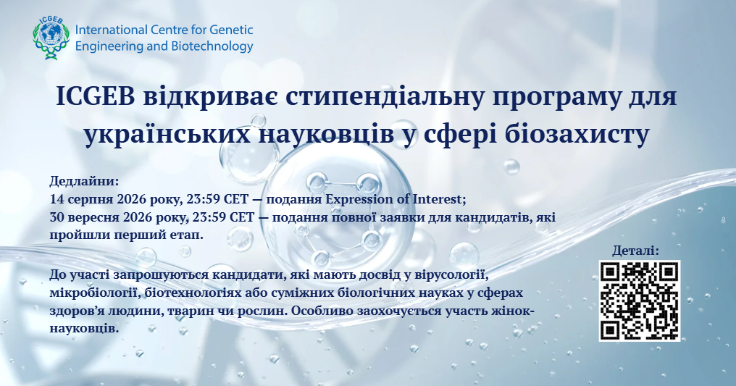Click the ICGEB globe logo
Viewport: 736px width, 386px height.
click(x=51, y=38)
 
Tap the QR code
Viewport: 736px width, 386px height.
click(x=640, y=301)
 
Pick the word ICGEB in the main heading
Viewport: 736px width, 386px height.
click(x=96, y=96)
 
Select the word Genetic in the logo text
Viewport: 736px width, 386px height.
click(x=231, y=30)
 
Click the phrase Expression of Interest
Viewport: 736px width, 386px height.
click(x=394, y=199)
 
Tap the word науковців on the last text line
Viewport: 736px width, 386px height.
click(x=82, y=328)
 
